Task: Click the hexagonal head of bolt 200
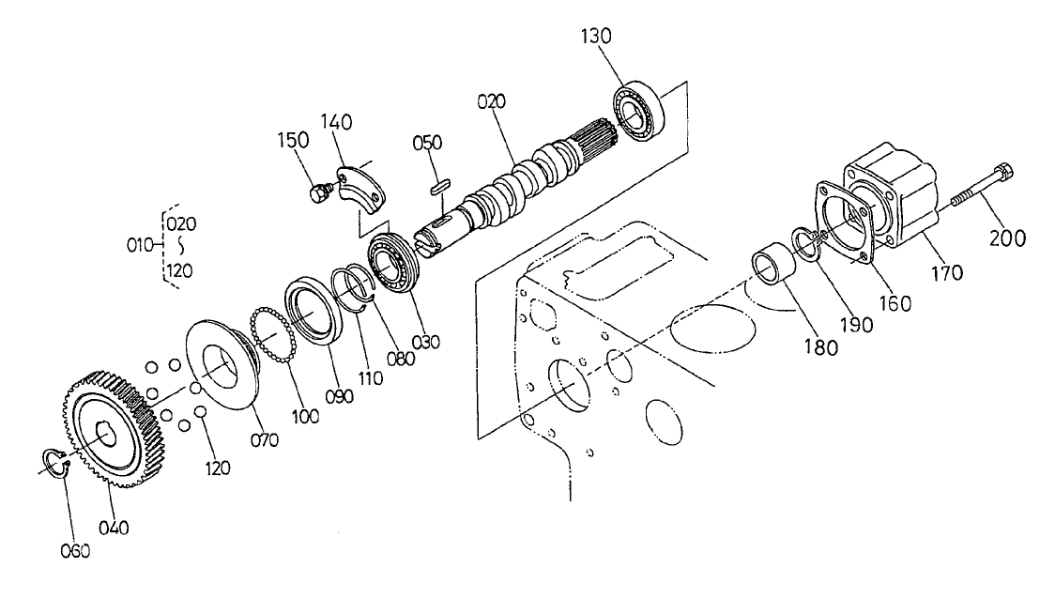click(x=1002, y=174)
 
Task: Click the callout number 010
click(x=140, y=245)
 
